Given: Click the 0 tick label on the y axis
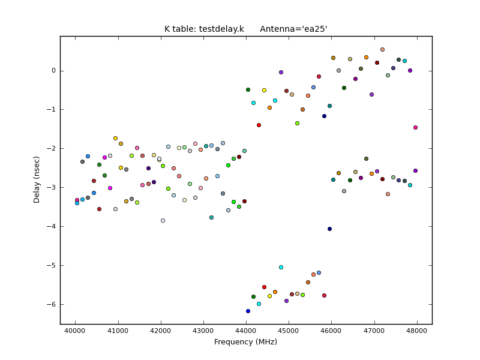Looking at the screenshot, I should [53, 71].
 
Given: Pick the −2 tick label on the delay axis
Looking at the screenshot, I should [52, 149].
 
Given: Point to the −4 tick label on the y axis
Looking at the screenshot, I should [52, 227].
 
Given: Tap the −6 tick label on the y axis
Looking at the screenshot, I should [52, 305].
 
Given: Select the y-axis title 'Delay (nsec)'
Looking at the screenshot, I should [37, 179].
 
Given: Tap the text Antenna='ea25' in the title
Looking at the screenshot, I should [293, 29].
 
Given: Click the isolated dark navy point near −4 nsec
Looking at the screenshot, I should [329, 229].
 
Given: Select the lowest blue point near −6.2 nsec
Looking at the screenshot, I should [248, 311].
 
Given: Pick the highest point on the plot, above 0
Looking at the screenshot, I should [382, 50].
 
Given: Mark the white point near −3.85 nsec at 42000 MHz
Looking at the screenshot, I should [163, 220].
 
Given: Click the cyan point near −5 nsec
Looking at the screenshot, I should [281, 267].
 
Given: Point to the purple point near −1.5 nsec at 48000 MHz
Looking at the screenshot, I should [415, 127].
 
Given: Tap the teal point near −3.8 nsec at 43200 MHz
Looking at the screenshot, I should [211, 217].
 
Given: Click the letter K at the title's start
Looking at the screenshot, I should [167, 29].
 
